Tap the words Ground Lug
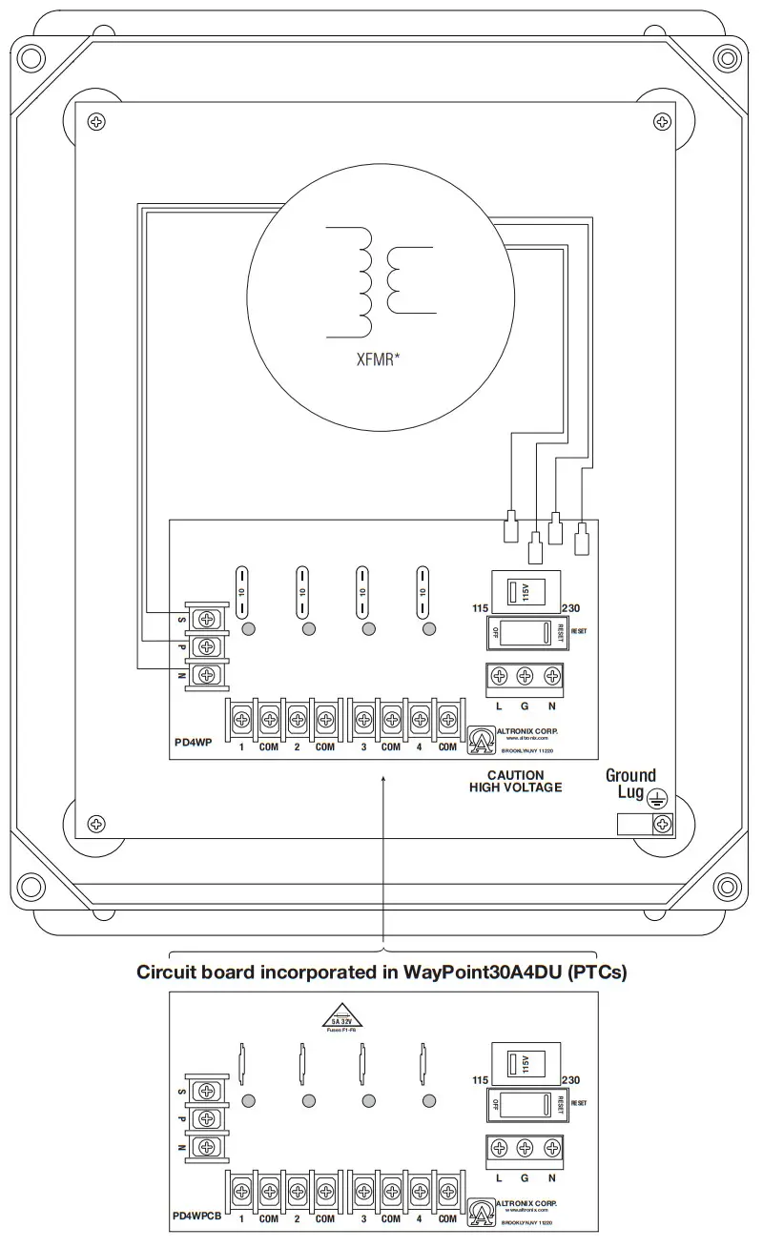pyautogui.click(x=630, y=784)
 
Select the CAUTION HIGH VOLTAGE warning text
pyautogui.click(x=515, y=781)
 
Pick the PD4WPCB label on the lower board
pyautogui.click(x=196, y=1217)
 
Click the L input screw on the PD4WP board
pyautogui.click(x=499, y=676)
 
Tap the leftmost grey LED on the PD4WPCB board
pyautogui.click(x=248, y=1101)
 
